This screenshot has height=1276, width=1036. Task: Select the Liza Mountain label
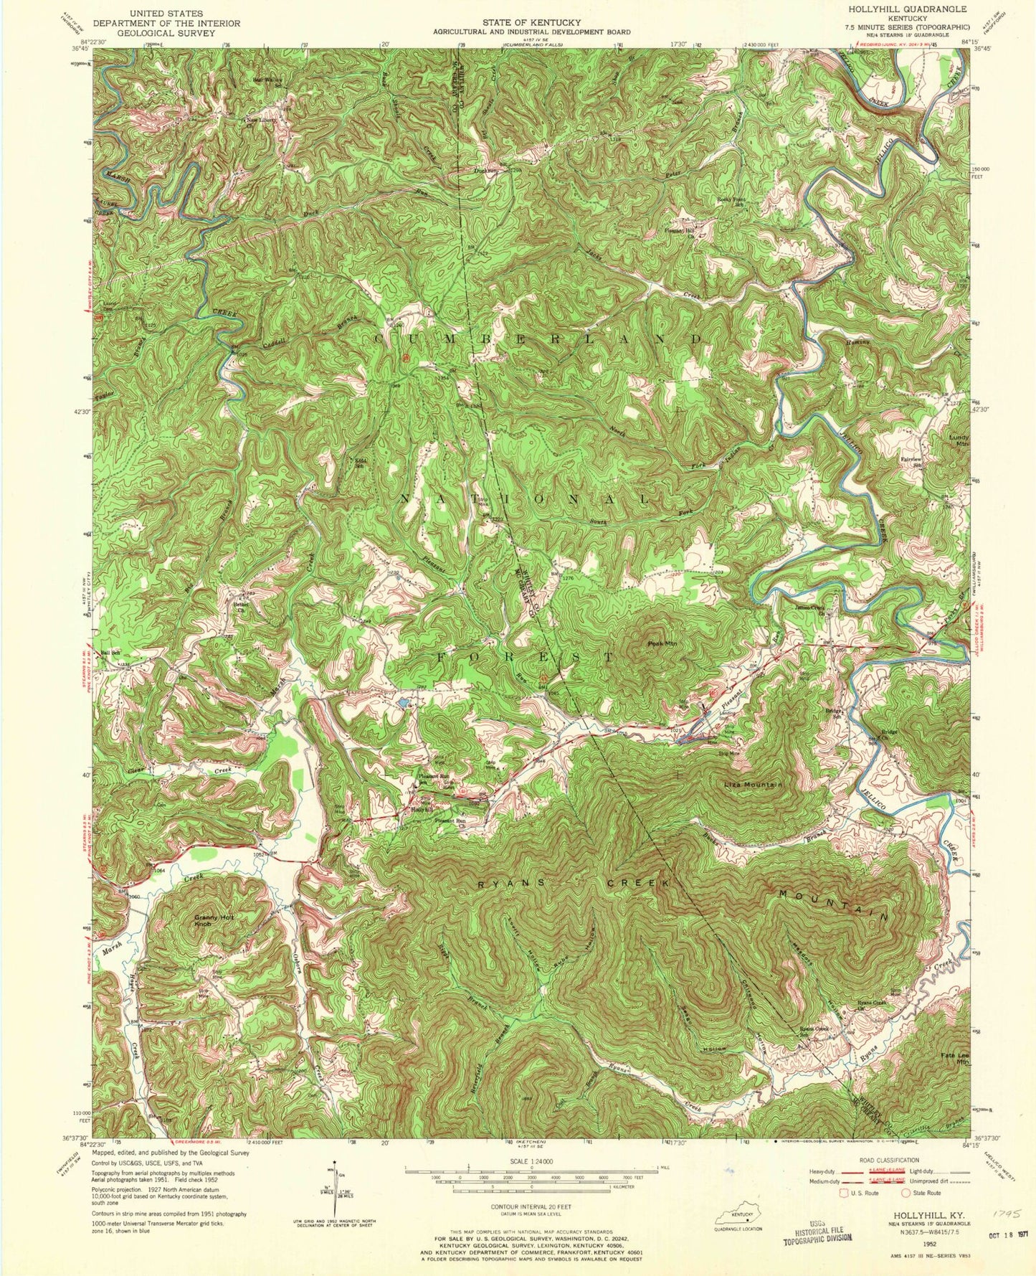click(752, 785)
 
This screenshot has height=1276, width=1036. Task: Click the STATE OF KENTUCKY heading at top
click(531, 23)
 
